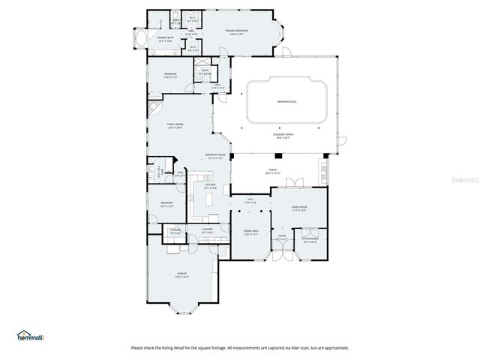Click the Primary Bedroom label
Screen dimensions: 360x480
coord(237,31)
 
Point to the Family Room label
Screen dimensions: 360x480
coord(175,124)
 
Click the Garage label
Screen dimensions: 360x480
coord(181,273)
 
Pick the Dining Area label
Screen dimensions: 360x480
coord(250,232)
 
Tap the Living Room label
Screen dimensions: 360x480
coord(298,208)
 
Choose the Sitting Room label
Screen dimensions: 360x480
coord(310,239)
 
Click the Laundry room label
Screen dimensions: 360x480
coord(207,229)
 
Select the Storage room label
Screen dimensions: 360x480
coord(175,230)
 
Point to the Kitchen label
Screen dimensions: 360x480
coord(211,184)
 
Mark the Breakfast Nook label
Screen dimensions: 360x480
coord(215,154)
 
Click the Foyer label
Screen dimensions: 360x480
coord(282,236)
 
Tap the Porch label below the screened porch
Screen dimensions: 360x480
coord(273,170)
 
